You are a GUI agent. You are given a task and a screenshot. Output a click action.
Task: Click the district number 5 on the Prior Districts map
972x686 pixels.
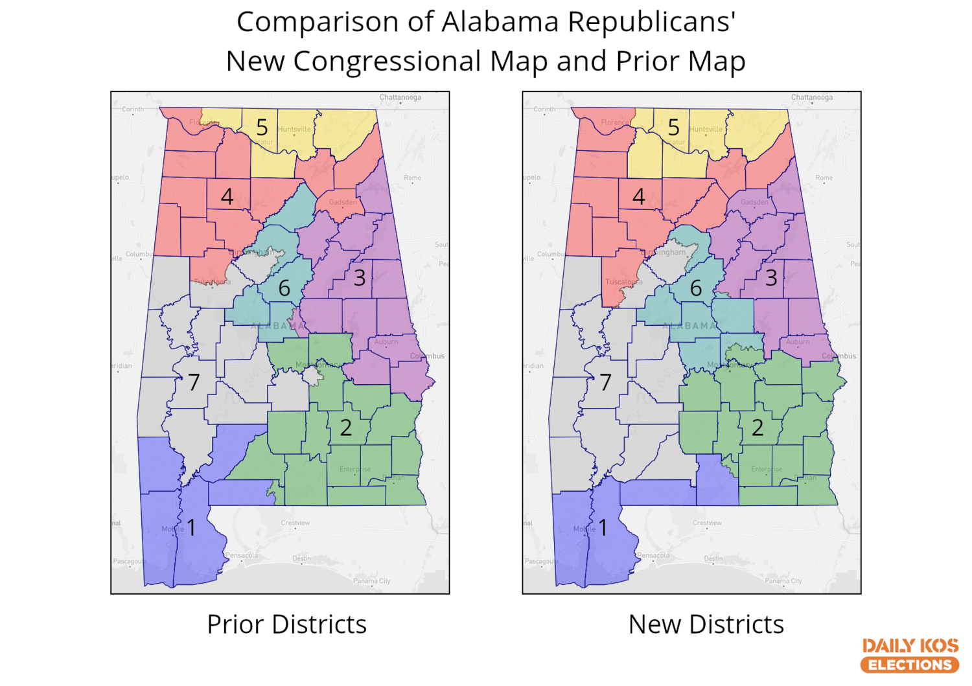[262, 128]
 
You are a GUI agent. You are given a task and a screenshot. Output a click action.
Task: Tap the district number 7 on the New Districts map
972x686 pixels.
[605, 382]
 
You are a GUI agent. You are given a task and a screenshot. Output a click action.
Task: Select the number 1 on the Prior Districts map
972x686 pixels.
[191, 527]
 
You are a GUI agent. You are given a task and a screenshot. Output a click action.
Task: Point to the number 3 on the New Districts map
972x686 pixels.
[771, 278]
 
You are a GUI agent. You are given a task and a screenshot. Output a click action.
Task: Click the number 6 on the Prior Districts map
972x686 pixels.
[284, 288]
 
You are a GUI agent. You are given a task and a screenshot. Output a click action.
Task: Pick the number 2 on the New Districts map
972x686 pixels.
[758, 428]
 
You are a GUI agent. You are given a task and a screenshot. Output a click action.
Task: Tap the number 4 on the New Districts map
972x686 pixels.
[639, 196]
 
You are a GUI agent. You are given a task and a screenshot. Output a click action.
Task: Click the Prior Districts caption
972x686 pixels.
[286, 624]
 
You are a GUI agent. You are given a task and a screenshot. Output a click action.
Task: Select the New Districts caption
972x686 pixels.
[706, 624]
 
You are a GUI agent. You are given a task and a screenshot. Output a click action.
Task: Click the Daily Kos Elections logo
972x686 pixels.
[910, 656]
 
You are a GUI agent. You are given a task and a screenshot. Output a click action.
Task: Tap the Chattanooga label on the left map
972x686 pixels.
[400, 97]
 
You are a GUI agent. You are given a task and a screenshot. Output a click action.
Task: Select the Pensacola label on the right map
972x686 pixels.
[653, 555]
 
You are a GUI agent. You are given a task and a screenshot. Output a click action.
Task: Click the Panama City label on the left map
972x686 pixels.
[372, 581]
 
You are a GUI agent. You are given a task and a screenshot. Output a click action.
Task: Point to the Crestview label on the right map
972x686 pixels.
[707, 523]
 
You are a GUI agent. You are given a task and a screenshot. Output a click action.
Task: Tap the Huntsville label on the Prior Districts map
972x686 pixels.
[294, 129]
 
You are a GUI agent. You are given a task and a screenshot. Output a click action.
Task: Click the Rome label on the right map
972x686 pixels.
[824, 177]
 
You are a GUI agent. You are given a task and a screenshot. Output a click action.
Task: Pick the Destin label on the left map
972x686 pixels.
[301, 558]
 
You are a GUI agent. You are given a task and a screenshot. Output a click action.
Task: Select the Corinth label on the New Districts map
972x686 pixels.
[544, 109]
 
